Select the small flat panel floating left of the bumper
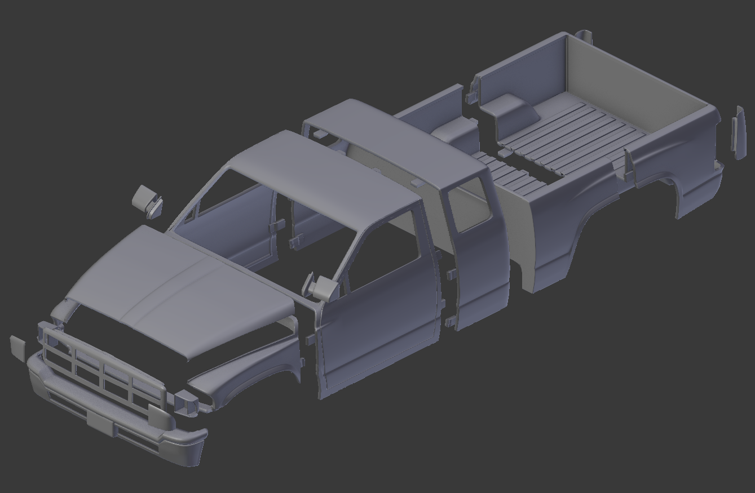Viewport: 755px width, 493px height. tap(17, 348)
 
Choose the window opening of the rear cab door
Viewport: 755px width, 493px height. tap(468, 206)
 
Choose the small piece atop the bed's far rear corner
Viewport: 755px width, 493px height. tap(585, 37)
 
